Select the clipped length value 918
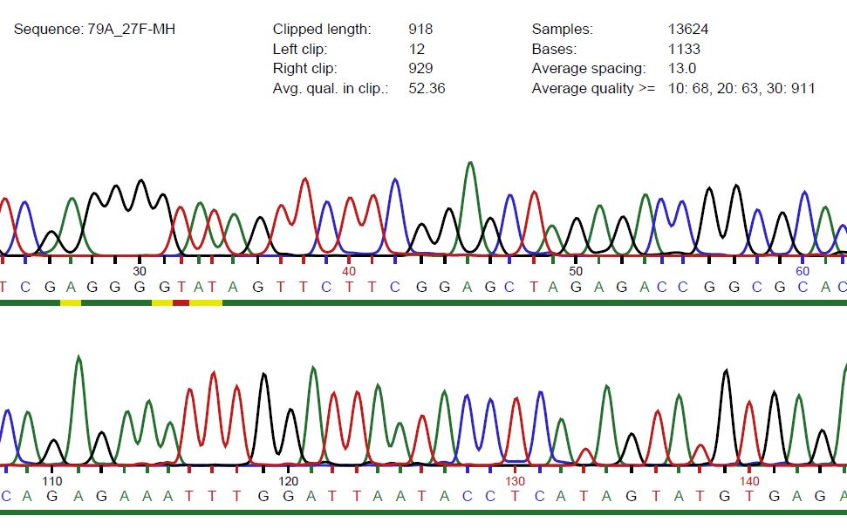point(420,30)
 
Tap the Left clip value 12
point(416,49)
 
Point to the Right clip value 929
point(420,68)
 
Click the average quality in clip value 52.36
point(427,88)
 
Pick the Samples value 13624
point(688,30)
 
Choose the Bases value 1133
point(684,49)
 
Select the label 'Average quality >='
point(593,88)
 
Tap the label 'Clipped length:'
point(322,30)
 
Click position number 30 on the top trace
point(140,271)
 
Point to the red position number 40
point(349,271)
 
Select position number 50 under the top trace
point(576,271)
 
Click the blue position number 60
point(803,271)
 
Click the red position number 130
point(516,481)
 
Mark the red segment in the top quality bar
point(181,302)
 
